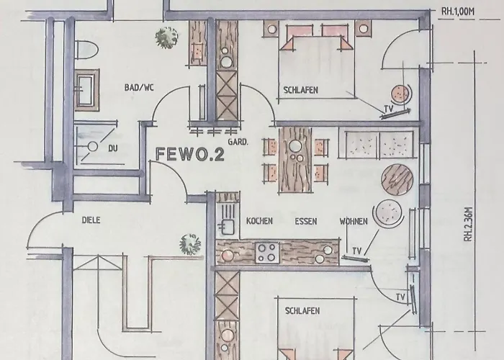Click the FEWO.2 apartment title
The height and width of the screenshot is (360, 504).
pyautogui.click(x=189, y=154)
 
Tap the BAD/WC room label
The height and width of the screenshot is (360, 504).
pyautogui.click(x=139, y=87)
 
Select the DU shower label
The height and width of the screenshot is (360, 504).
pyautogui.click(x=113, y=148)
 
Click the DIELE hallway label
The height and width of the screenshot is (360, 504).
pyautogui.click(x=91, y=220)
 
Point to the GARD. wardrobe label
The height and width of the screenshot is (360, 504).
pyautogui.click(x=238, y=141)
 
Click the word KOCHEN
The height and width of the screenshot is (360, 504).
pyautogui.click(x=259, y=221)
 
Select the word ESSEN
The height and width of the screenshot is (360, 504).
pyautogui.click(x=306, y=222)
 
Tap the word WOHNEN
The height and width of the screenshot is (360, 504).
pyautogui.click(x=354, y=222)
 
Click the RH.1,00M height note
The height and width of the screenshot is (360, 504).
pyautogui.click(x=458, y=12)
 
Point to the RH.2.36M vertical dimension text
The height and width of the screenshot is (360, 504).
pyautogui.click(x=469, y=224)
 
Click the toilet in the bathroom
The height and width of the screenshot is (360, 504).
pyautogui.click(x=86, y=50)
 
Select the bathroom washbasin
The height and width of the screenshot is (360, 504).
pyautogui.click(x=86, y=90)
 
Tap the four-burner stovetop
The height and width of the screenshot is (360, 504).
pyautogui.click(x=267, y=253)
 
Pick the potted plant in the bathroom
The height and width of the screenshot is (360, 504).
pyautogui.click(x=166, y=37)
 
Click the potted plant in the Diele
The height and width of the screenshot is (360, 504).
pyautogui.click(x=190, y=244)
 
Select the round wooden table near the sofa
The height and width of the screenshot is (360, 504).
pyautogui.click(x=397, y=179)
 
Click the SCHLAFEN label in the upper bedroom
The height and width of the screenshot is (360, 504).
pyautogui.click(x=300, y=90)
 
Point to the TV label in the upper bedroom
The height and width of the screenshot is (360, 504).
pyautogui.click(x=389, y=109)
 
